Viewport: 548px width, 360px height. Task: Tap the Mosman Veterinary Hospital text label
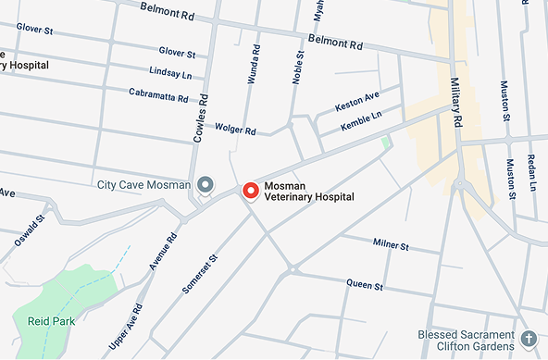coord(303,191)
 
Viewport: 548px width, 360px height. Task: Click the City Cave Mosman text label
coord(143,185)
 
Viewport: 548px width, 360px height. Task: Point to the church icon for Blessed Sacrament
coord(529,337)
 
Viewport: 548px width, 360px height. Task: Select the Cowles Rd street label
coord(199,117)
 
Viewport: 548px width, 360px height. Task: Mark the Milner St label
coord(390,244)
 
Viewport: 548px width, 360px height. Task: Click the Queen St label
coord(364,282)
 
